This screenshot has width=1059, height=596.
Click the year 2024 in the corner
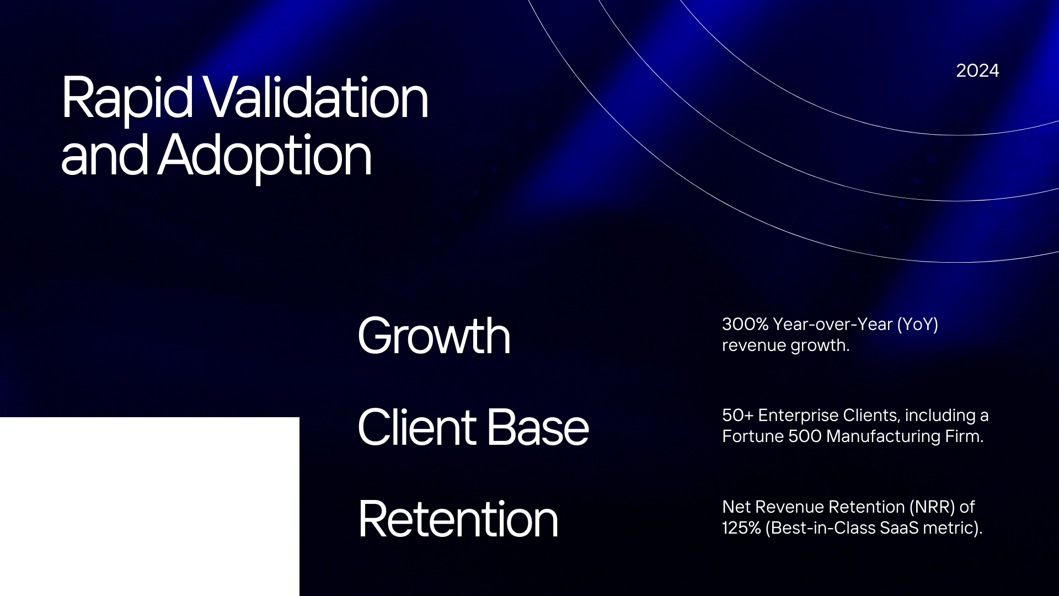pyautogui.click(x=977, y=71)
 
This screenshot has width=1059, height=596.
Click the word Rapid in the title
pyautogui.click(x=127, y=98)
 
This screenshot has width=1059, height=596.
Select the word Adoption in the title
pyautogui.click(x=265, y=156)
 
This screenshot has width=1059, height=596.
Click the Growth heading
pyautogui.click(x=434, y=336)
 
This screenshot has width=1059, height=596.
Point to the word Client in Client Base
pyautogui.click(x=417, y=427)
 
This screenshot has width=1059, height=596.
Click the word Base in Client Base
pyautogui.click(x=538, y=427)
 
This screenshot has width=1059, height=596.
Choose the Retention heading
pyautogui.click(x=458, y=519)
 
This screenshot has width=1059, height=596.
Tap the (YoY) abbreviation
pyautogui.click(x=918, y=324)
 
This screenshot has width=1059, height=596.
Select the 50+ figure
pyautogui.click(x=737, y=415)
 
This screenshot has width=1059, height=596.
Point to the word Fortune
pyautogui.click(x=753, y=437)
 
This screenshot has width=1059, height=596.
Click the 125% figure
pyautogui.click(x=741, y=528)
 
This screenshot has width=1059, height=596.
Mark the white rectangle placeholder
pyautogui.click(x=149, y=507)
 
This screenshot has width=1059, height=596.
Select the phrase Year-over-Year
pyautogui.click(x=833, y=324)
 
